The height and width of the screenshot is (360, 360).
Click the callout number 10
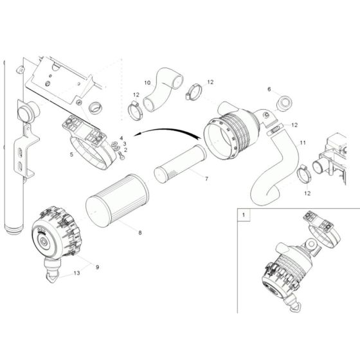click(x=147, y=83)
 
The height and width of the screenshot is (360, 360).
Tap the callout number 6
click(x=269, y=89)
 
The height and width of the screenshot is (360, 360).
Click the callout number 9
click(x=97, y=266)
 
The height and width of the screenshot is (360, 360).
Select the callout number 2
click(x=125, y=150)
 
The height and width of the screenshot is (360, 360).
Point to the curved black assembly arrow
click(x=170, y=132)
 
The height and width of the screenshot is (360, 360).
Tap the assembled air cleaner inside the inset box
click(x=290, y=264)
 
